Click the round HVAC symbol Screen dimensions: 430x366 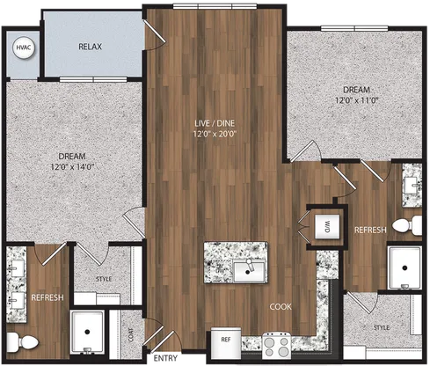click(24, 48)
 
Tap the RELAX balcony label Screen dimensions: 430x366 click(90, 47)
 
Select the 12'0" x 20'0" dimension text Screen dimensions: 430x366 click(215, 134)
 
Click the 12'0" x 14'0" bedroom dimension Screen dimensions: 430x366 click(72, 167)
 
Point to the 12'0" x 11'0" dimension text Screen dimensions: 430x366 click(357, 100)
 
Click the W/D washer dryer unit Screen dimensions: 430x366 click(327, 226)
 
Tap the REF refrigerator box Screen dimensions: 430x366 click(226, 343)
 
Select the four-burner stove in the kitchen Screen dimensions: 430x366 click(277, 345)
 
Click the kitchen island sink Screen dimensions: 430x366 click(249, 271)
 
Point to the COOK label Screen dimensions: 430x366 click(281, 307)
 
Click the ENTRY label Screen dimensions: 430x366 click(165, 358)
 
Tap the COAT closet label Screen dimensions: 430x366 click(131, 334)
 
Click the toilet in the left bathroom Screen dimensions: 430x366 click(23, 342)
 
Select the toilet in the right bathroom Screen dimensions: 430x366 click(407, 225)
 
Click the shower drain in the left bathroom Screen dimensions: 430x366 click(87, 332)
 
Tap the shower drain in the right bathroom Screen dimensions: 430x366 click(404, 267)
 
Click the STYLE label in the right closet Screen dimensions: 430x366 click(382, 327)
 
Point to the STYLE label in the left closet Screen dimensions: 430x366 click(104, 279)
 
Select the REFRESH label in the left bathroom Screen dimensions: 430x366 click(47, 297)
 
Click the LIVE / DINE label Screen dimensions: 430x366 click(215, 123)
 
